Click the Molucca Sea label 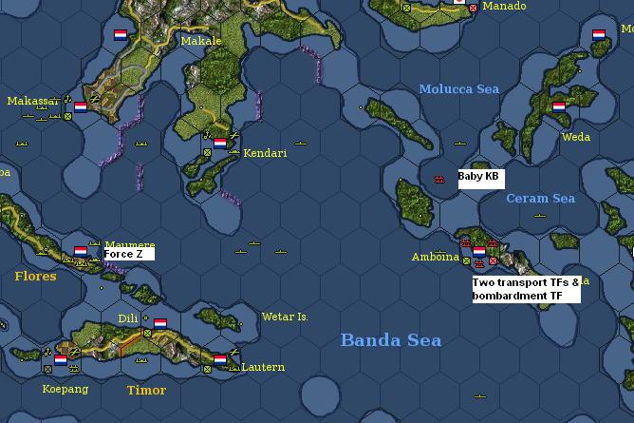(x=458, y=89)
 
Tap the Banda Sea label (x=390, y=340)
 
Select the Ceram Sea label (x=540, y=199)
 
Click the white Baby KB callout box (x=480, y=178)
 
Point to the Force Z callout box (x=128, y=254)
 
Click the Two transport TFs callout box (x=525, y=289)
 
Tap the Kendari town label (x=265, y=153)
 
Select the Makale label (x=200, y=41)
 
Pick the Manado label (x=503, y=7)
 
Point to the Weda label (x=575, y=137)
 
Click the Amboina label (x=435, y=257)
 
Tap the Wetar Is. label (x=285, y=317)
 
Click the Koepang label (x=64, y=389)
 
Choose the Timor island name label (x=146, y=390)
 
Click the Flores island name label (x=35, y=277)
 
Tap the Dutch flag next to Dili (x=160, y=323)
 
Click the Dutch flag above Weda (x=558, y=107)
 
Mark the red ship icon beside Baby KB (x=438, y=179)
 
